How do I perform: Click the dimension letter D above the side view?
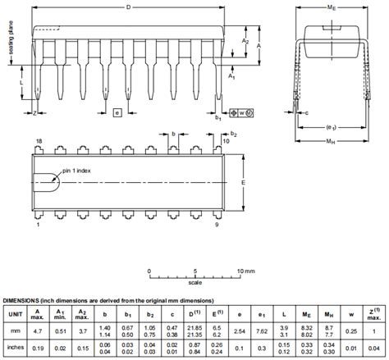pos(127,7)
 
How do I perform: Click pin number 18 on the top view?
pos(38,142)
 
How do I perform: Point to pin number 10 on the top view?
pos(226,142)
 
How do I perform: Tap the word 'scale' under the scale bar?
pos(194,283)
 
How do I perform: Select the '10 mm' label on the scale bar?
pos(245,270)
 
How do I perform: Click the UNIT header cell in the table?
pos(16,314)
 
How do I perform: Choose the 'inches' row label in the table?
pos(16,347)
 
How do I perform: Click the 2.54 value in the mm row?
pos(240,330)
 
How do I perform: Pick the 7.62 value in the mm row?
pos(262,330)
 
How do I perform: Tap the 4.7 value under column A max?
pos(38,330)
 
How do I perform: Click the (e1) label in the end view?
pos(331,127)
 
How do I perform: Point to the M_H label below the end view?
pos(331,142)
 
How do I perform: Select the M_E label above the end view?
pos(331,7)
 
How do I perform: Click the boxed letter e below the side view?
pos(117,112)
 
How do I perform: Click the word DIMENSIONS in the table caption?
pos(25,301)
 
